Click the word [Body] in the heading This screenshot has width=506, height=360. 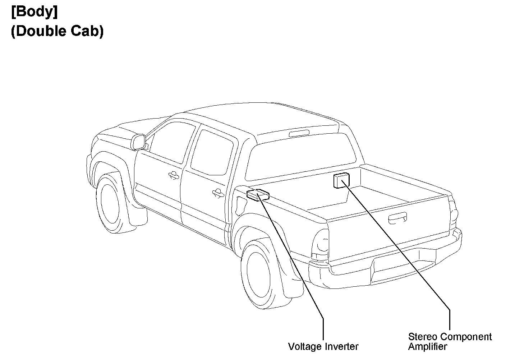coord(34,12)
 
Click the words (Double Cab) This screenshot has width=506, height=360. coord(57,31)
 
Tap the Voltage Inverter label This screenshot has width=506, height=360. coord(323,346)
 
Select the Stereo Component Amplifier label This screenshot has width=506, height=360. coord(450,342)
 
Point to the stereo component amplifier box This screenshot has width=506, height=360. coord(341,180)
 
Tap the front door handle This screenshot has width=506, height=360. coord(174,175)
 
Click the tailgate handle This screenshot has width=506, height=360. coord(397,218)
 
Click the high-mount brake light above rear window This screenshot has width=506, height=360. coord(299,134)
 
